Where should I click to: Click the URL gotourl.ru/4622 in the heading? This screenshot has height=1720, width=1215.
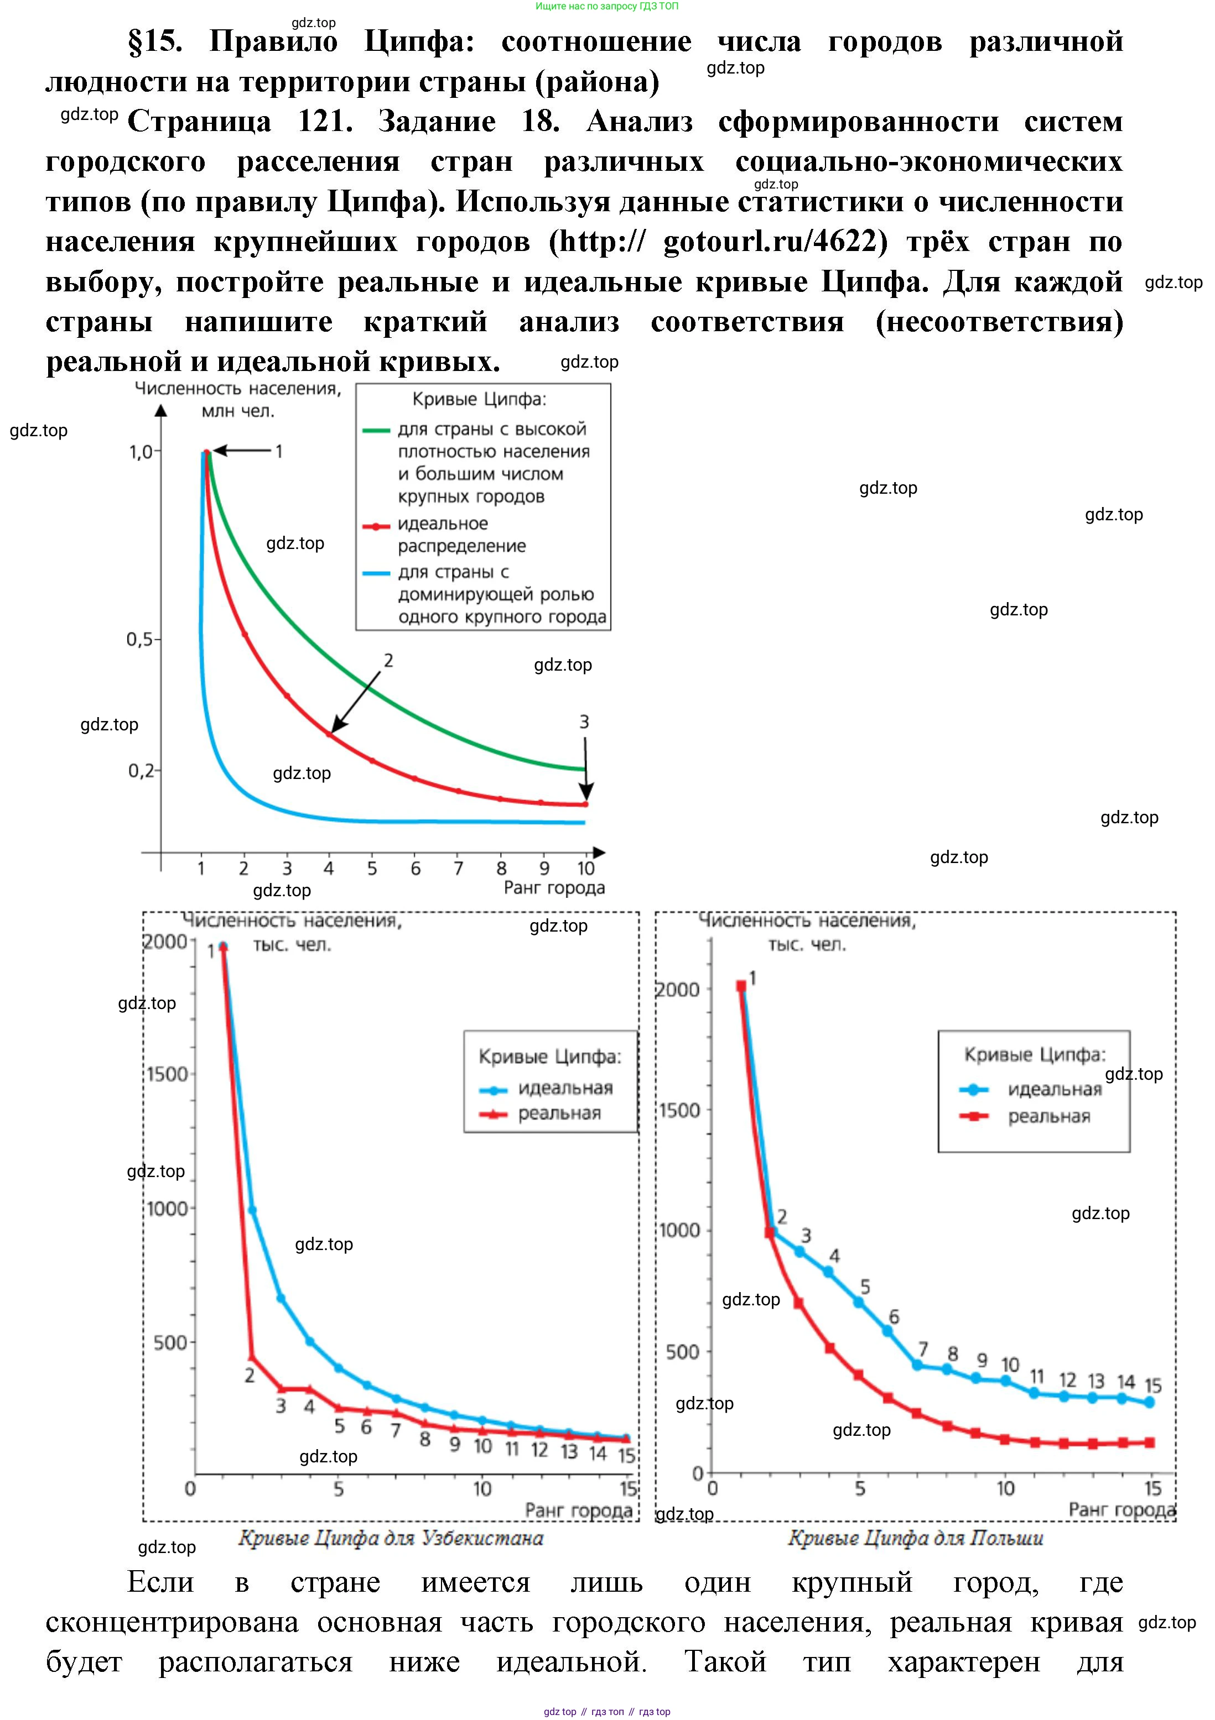[771, 241]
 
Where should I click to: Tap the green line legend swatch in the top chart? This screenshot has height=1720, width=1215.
[376, 430]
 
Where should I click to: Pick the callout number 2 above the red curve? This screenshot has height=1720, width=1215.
[388, 660]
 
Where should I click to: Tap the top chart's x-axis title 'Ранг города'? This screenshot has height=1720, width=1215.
[554, 888]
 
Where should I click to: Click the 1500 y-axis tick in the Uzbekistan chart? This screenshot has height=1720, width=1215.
[167, 1074]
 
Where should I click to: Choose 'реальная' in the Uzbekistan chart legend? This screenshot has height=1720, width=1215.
[559, 1113]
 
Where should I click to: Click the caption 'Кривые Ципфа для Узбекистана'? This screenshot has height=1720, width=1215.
[391, 1538]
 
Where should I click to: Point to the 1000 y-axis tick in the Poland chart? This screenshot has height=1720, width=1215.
[679, 1230]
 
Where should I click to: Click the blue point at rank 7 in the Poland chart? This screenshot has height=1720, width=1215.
[917, 1365]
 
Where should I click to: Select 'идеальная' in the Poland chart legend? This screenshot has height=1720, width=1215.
[1054, 1089]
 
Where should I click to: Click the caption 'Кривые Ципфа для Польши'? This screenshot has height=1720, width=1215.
[915, 1538]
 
